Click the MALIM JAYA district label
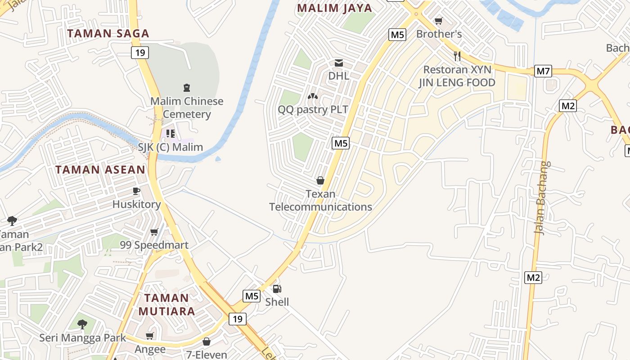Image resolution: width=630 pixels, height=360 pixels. [335, 8]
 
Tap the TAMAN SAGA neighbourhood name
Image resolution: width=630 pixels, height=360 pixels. [108, 33]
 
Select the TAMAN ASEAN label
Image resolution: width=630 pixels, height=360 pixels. [100, 170]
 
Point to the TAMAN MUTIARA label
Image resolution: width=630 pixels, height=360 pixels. [166, 305]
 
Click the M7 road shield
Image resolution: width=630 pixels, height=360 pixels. [543, 71]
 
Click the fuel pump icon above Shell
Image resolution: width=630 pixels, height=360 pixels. [277, 288]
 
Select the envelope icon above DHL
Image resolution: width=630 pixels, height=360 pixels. [338, 63]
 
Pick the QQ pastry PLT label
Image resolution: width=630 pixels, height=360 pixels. [313, 109]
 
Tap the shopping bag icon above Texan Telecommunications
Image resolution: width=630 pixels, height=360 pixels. [320, 180]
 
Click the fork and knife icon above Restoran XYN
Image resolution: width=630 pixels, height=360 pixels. [457, 56]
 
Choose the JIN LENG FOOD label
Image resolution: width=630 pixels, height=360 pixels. [457, 82]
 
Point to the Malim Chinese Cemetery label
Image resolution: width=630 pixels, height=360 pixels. [187, 108]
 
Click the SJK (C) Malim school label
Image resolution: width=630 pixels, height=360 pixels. [170, 147]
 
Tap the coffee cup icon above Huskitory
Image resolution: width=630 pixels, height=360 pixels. [136, 191]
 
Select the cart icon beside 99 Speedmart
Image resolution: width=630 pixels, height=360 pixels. [154, 232]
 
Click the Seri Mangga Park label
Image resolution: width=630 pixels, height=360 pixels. [83, 337]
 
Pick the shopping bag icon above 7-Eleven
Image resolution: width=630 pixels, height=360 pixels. [207, 342]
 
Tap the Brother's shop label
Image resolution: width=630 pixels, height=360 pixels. [439, 34]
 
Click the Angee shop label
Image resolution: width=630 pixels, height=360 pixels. [150, 349]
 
